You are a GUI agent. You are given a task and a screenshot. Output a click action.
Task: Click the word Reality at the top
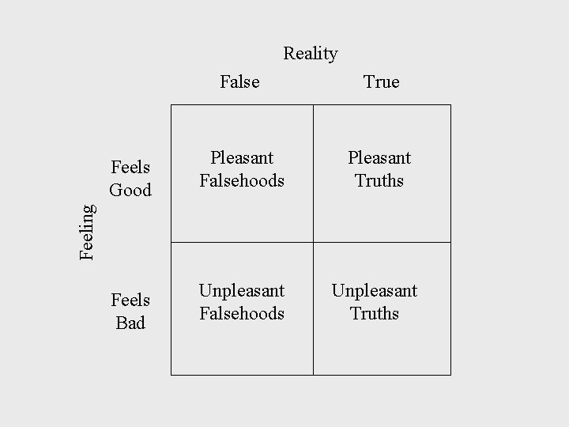click(311, 54)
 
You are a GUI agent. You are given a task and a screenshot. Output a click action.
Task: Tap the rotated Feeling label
click(88, 230)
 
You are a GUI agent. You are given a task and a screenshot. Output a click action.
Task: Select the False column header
click(239, 81)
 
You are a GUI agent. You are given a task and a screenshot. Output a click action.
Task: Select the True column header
click(381, 81)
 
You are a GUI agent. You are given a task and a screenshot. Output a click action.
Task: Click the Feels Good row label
click(130, 179)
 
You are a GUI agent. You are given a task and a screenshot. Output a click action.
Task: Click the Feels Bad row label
click(130, 312)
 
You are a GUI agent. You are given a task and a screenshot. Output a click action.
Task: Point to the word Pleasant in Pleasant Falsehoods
click(241, 158)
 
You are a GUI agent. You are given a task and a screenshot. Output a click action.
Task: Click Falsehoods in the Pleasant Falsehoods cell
click(241, 180)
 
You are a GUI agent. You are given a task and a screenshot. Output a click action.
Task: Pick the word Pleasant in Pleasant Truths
click(379, 158)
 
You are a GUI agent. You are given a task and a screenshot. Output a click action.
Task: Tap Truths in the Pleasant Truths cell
click(379, 180)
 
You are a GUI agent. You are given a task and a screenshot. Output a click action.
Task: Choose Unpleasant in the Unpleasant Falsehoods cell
click(241, 291)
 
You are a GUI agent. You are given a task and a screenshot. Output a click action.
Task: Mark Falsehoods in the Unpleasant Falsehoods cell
click(241, 313)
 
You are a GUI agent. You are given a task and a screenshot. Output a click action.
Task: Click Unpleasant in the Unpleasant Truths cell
click(374, 291)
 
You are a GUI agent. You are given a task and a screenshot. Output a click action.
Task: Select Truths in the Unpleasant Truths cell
click(374, 313)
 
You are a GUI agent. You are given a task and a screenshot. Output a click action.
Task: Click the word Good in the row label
click(130, 190)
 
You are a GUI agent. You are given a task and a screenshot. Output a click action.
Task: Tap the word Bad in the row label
click(130, 323)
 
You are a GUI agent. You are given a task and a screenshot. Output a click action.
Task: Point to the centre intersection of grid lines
click(313, 242)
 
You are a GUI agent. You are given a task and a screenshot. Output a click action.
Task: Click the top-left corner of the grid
click(171, 104)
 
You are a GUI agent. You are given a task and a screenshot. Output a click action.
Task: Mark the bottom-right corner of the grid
click(450, 374)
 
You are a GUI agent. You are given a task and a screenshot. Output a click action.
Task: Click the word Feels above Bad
click(130, 300)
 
